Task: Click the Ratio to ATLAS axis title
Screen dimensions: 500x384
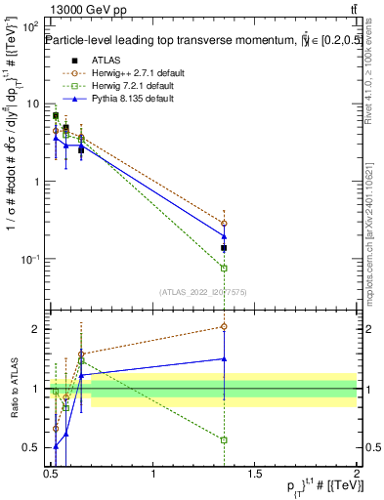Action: pos(15,388)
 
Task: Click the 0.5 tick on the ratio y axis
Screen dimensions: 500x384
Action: pos(32,448)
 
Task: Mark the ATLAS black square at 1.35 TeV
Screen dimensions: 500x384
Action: pos(224,248)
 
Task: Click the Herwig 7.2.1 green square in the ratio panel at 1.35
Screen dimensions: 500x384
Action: pos(224,440)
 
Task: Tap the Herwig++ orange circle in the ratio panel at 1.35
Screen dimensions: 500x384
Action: pos(224,326)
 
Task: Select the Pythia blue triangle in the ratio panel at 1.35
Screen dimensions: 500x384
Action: pos(224,358)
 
